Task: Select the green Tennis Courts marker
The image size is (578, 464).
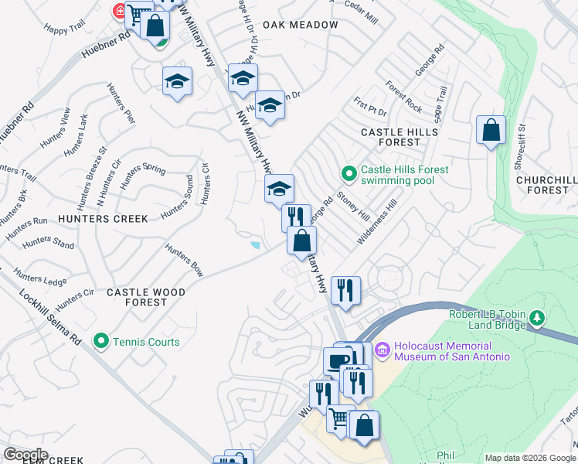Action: (x=100, y=340)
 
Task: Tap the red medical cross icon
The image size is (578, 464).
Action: (x=120, y=11)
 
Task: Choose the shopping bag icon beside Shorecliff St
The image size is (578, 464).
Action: (x=491, y=130)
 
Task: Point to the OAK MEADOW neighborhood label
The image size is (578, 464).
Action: (x=301, y=25)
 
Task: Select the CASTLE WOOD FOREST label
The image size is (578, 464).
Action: (x=146, y=298)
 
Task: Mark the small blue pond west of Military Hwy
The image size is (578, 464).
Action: (x=255, y=246)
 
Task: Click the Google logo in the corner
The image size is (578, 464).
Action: (x=25, y=455)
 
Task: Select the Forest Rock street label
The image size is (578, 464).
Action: (x=404, y=97)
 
